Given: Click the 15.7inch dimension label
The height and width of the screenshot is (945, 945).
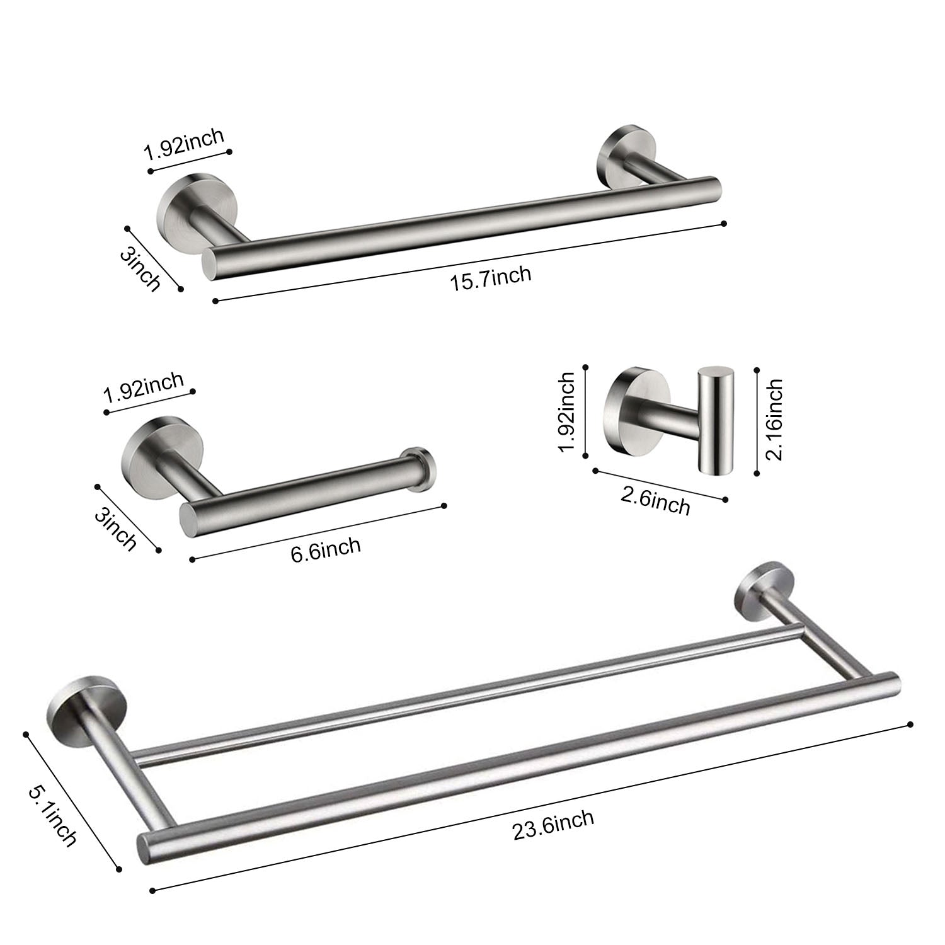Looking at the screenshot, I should (x=491, y=278).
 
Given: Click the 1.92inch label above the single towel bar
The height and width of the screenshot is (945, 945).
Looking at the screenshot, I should (x=184, y=144).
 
